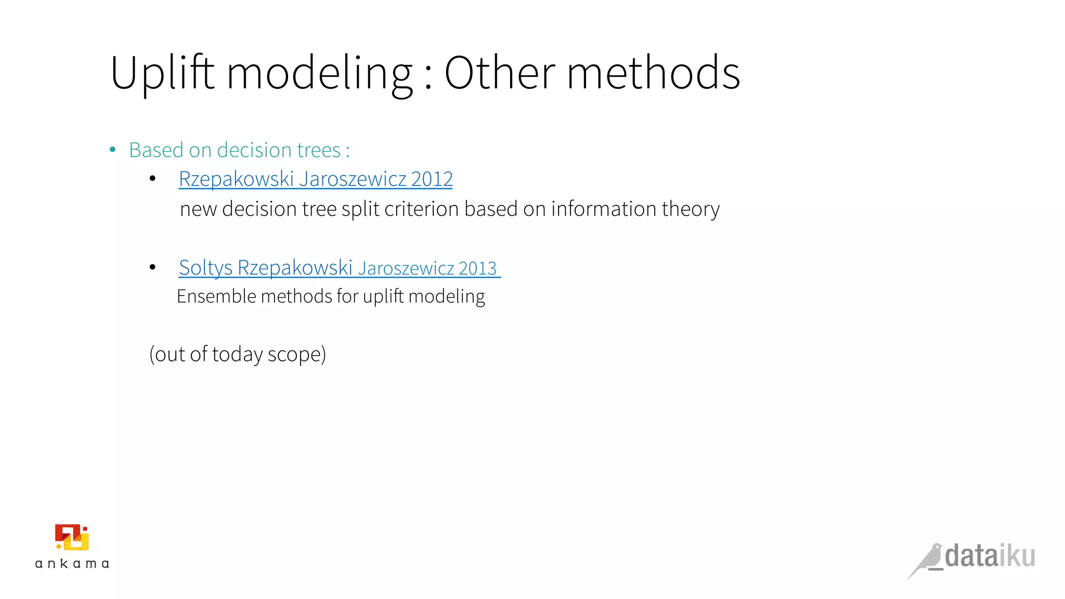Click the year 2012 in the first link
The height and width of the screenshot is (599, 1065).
coord(432,179)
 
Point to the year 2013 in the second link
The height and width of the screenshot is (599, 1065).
coord(477,268)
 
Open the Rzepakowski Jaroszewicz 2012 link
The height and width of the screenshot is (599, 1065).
coord(316,179)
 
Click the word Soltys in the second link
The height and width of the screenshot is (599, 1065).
coord(205,268)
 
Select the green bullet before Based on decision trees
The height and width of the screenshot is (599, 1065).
coord(113,150)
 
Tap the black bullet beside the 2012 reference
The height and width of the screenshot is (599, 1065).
coord(152,179)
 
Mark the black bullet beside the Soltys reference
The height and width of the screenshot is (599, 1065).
coord(152,267)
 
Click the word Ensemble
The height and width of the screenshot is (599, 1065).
coord(216,296)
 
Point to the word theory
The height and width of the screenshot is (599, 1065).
coord(691,209)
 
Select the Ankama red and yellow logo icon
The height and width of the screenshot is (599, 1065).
coord(72,537)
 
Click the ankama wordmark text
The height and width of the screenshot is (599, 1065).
coord(72,564)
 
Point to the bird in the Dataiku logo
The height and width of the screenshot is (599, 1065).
coord(927,561)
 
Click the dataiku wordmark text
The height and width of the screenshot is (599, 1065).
coord(990,556)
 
